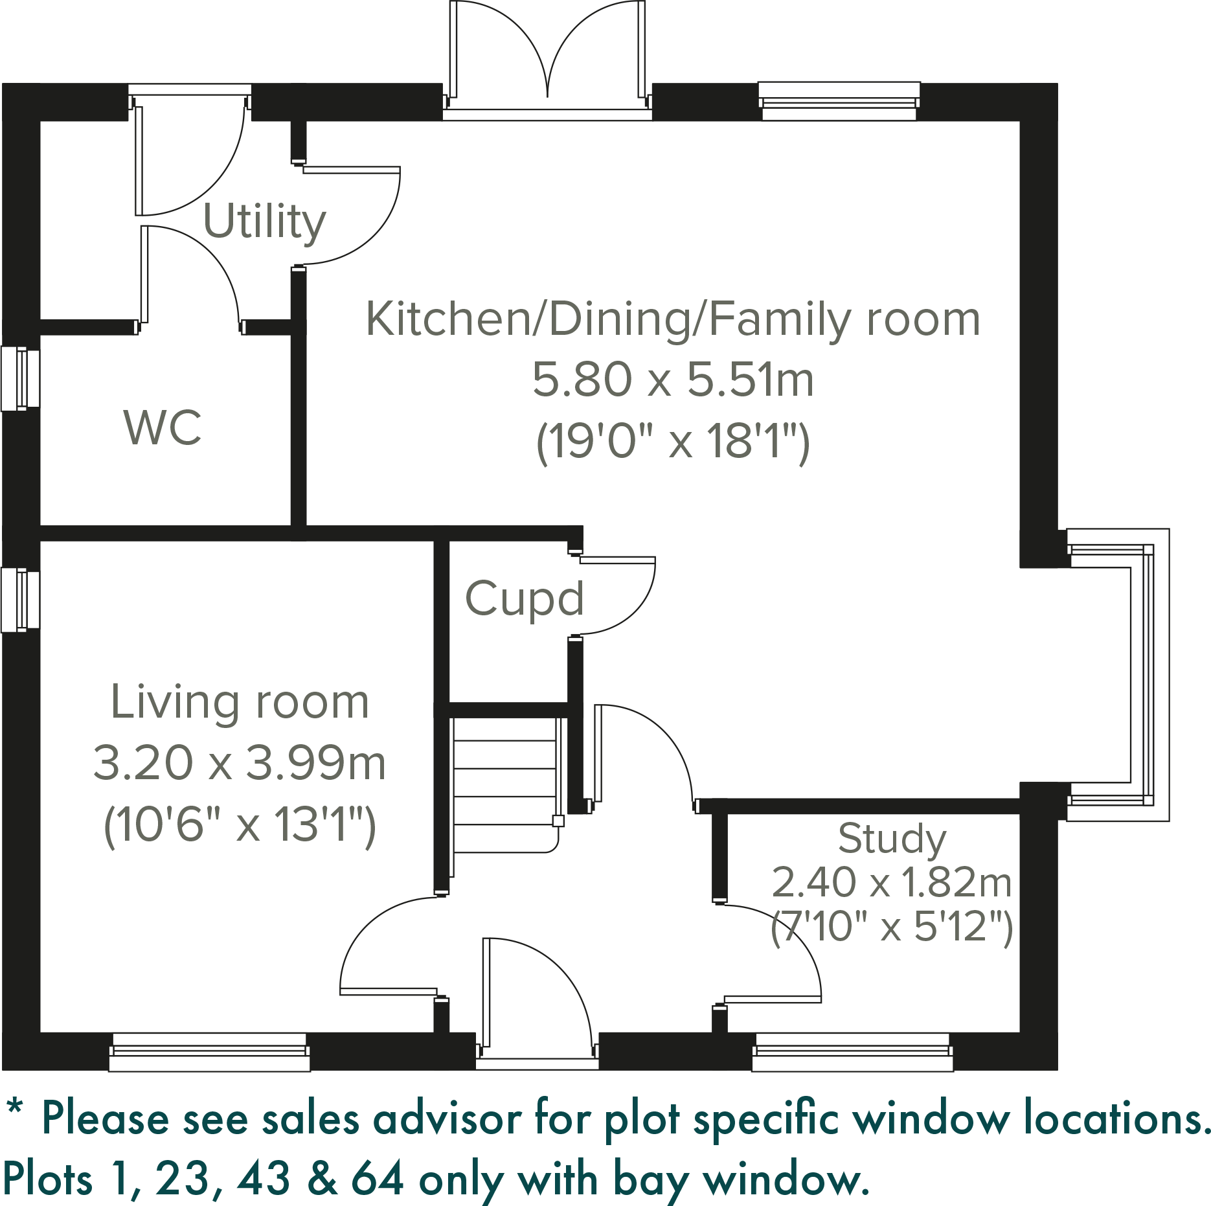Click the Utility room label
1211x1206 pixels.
(x=264, y=222)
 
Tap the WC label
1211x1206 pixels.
(x=163, y=428)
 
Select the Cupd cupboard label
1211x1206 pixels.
(x=525, y=599)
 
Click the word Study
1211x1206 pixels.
(x=892, y=839)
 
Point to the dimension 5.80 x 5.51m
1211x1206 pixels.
(x=673, y=380)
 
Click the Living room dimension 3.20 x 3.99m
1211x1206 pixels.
(x=240, y=763)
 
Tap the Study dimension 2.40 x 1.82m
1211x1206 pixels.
(x=892, y=882)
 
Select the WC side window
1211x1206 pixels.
(x=19, y=379)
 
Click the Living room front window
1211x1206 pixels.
(x=209, y=1052)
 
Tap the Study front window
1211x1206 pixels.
(x=852, y=1052)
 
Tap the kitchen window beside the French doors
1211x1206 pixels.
(x=839, y=102)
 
